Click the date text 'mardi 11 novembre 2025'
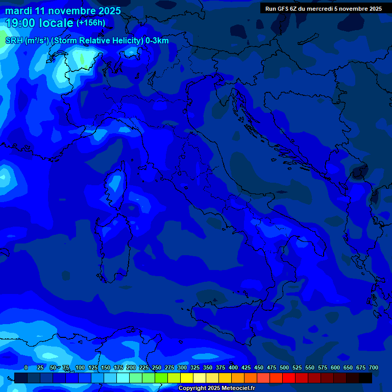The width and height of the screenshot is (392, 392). (63, 11)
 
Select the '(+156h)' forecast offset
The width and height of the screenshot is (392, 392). (91, 23)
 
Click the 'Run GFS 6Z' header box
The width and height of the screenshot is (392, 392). (324, 8)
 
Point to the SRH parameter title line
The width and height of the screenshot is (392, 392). (87, 41)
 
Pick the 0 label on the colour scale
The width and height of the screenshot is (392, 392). (26, 367)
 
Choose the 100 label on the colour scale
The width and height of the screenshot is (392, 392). (80, 367)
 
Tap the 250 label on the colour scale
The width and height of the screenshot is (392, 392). (156, 367)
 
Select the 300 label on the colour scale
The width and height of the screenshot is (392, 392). (182, 367)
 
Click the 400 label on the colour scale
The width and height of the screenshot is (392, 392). (233, 367)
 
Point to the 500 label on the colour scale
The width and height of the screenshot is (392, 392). (284, 367)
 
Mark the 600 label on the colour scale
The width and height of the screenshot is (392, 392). (335, 367)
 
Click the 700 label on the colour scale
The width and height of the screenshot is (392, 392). (373, 367)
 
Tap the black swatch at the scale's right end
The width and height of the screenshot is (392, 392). (365, 378)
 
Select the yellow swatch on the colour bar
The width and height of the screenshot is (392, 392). (187, 378)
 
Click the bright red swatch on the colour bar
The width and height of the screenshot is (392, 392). (289, 378)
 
